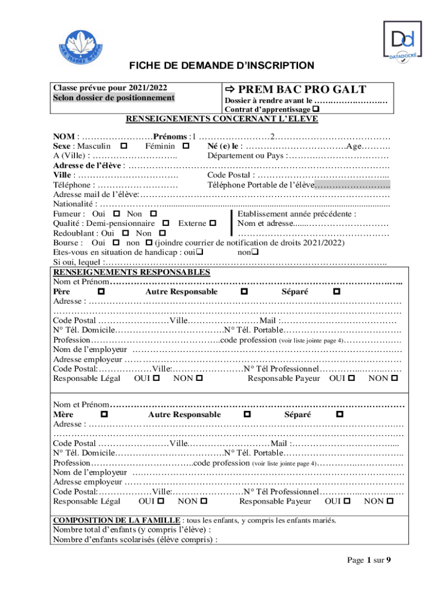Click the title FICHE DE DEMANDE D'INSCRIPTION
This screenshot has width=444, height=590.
pyautogui.click(x=221, y=66)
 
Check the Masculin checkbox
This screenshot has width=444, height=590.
pyautogui.click(x=124, y=147)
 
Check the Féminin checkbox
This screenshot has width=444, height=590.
pyautogui.click(x=185, y=147)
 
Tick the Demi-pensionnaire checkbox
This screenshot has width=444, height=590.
pyautogui.click(x=166, y=223)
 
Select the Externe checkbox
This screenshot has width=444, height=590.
pyautogui.click(x=213, y=223)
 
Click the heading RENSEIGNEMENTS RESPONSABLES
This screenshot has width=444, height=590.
pyautogui.click(x=131, y=273)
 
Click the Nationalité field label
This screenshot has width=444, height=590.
pyautogui.click(x=73, y=204)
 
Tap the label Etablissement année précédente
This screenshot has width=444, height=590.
pyautogui.click(x=296, y=214)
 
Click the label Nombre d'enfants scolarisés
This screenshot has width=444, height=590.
pyautogui.click(x=135, y=540)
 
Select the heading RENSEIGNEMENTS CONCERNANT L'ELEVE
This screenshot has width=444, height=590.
pyautogui.click(x=222, y=119)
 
